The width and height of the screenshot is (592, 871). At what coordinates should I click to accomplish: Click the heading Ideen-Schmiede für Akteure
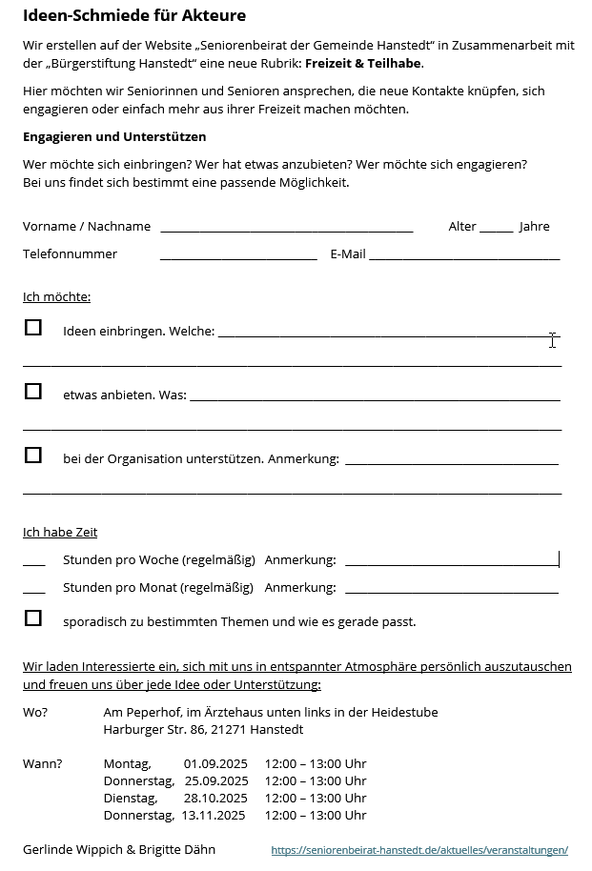point(133,15)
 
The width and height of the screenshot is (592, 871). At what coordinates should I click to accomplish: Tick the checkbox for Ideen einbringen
point(33,328)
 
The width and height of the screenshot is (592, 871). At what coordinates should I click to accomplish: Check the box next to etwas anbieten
point(33,391)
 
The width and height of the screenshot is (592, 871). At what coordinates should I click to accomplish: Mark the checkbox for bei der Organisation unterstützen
point(33,455)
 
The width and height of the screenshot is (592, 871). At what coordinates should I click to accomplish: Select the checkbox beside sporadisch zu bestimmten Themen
point(33,618)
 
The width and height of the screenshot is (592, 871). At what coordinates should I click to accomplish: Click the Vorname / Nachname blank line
point(286,228)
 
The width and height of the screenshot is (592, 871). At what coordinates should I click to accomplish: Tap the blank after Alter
point(496,228)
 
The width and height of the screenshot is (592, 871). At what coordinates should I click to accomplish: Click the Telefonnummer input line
point(238,255)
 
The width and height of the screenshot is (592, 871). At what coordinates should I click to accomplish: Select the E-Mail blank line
point(464,255)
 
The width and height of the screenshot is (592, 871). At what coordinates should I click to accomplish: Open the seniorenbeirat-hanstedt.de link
point(419,850)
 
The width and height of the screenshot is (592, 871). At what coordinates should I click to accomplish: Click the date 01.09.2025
point(215,764)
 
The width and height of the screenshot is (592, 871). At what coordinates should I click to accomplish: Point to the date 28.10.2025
point(215,799)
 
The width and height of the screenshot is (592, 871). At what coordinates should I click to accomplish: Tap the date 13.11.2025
point(214,816)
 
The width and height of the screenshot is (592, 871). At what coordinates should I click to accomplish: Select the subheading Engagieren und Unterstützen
point(114,137)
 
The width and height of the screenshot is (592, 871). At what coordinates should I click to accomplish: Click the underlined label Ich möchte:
point(56,297)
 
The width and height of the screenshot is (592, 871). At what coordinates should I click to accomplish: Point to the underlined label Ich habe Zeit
point(60,533)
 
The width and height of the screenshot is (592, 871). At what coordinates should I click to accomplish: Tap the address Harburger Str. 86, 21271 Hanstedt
point(203,730)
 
